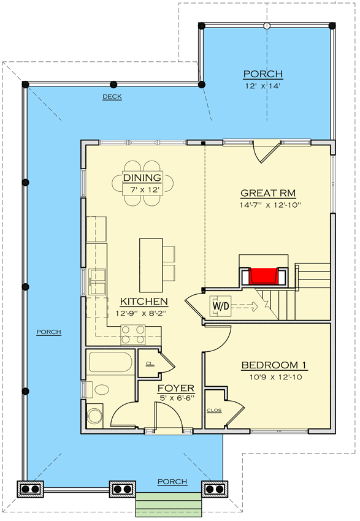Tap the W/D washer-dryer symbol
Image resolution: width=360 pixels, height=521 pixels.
coord(220,305)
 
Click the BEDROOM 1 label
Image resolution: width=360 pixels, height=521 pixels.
coord(274,365)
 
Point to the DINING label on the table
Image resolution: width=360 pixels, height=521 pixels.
coord(142,178)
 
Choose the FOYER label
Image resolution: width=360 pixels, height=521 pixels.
coord(175,388)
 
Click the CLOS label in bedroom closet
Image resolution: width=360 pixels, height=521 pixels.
coord(214,410)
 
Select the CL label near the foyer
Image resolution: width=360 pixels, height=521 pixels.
coord(148,363)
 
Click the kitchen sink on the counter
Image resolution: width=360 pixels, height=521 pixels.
coord(98,283)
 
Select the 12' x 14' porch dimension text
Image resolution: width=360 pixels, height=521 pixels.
coord(262,86)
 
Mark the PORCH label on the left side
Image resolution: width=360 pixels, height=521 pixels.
coord(48,332)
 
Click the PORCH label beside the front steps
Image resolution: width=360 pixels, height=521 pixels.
coord(172,481)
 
